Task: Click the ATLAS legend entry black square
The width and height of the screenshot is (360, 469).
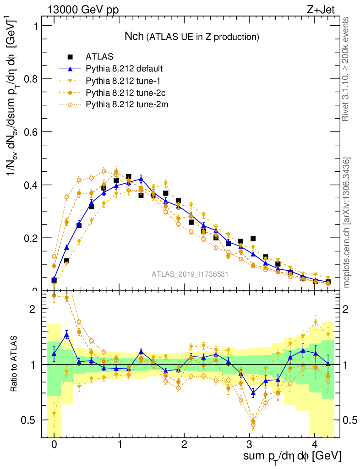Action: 70,57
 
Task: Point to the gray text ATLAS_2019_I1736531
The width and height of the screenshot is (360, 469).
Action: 190,274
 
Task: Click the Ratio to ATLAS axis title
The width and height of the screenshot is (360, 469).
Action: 15,365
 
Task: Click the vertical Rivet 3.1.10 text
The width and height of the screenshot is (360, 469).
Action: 346,69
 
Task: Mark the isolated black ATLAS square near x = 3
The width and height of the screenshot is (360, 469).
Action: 253,239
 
